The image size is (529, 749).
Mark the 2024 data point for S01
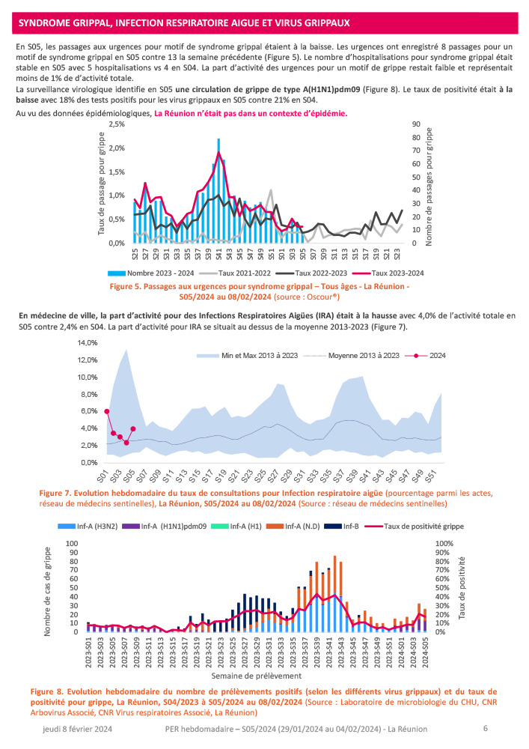pos(107,411)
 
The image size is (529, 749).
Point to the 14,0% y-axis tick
pos(88,342)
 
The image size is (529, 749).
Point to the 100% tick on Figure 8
pos(444,543)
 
